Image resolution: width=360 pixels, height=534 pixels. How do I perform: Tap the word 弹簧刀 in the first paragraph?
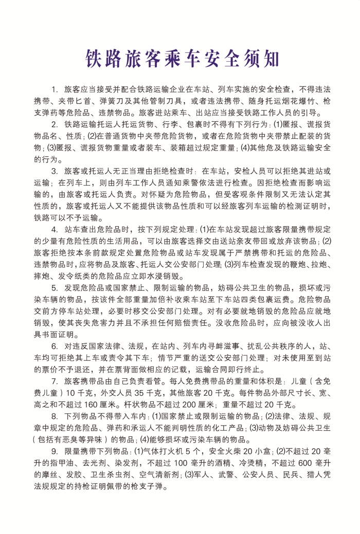coord(120,101)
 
